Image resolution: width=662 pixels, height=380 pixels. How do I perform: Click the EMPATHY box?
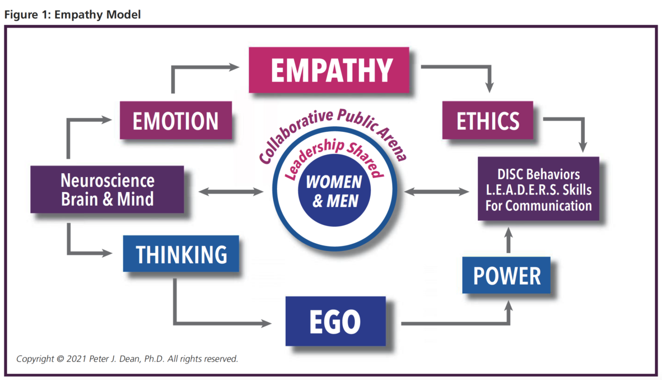(329, 70)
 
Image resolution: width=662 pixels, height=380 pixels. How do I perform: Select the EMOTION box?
(176, 120)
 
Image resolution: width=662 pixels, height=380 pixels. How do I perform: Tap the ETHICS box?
(488, 120)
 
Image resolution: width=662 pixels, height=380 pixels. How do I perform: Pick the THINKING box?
(181, 254)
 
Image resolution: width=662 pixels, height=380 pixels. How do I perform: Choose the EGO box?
(335, 321)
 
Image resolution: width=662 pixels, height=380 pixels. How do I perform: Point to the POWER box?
(506, 275)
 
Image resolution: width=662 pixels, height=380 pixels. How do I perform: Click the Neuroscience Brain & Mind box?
(107, 189)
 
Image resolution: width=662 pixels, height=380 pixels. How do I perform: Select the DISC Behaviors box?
(538, 189)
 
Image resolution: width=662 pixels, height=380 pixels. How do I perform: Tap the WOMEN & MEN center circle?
(334, 190)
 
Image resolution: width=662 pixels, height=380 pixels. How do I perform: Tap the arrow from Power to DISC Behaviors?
(508, 240)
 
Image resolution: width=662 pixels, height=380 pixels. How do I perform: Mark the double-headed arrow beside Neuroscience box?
(231, 192)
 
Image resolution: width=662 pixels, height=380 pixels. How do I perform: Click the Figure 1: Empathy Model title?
(72, 14)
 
